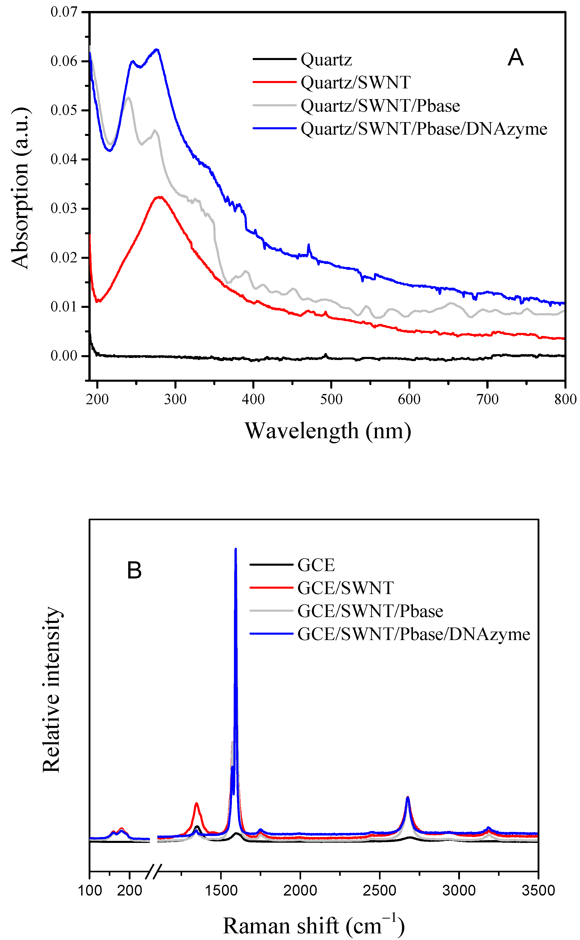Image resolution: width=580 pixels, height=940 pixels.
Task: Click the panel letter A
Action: pos(516,58)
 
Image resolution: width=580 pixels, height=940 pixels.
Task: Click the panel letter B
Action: pos(134,571)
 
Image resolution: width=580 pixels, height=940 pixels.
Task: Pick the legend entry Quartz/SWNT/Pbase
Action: pos(380,106)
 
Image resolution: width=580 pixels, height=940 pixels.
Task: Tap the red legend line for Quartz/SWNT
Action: pos(274,82)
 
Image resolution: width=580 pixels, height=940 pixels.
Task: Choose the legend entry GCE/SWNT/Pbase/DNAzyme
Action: pos(413,634)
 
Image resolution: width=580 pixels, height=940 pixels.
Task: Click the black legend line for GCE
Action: pos(271,565)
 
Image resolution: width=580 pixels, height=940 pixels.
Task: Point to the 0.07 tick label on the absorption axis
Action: pos(64,12)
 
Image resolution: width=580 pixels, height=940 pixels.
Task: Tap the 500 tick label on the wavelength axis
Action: pos(331,399)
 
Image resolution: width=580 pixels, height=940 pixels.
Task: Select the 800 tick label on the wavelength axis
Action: pos(565,399)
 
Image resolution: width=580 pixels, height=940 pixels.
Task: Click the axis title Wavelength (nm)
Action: pos(328,431)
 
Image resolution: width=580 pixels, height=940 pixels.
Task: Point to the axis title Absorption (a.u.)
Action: pos(20,188)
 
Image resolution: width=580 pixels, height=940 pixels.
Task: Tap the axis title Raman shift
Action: pos(314,926)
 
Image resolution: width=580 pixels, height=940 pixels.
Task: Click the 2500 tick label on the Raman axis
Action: pos(379,890)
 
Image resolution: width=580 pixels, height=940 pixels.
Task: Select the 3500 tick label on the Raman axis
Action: pos(538,890)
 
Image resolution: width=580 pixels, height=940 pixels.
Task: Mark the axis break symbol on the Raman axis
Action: pos(154,871)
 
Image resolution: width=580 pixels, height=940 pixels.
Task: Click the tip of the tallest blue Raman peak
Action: pos(235,549)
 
